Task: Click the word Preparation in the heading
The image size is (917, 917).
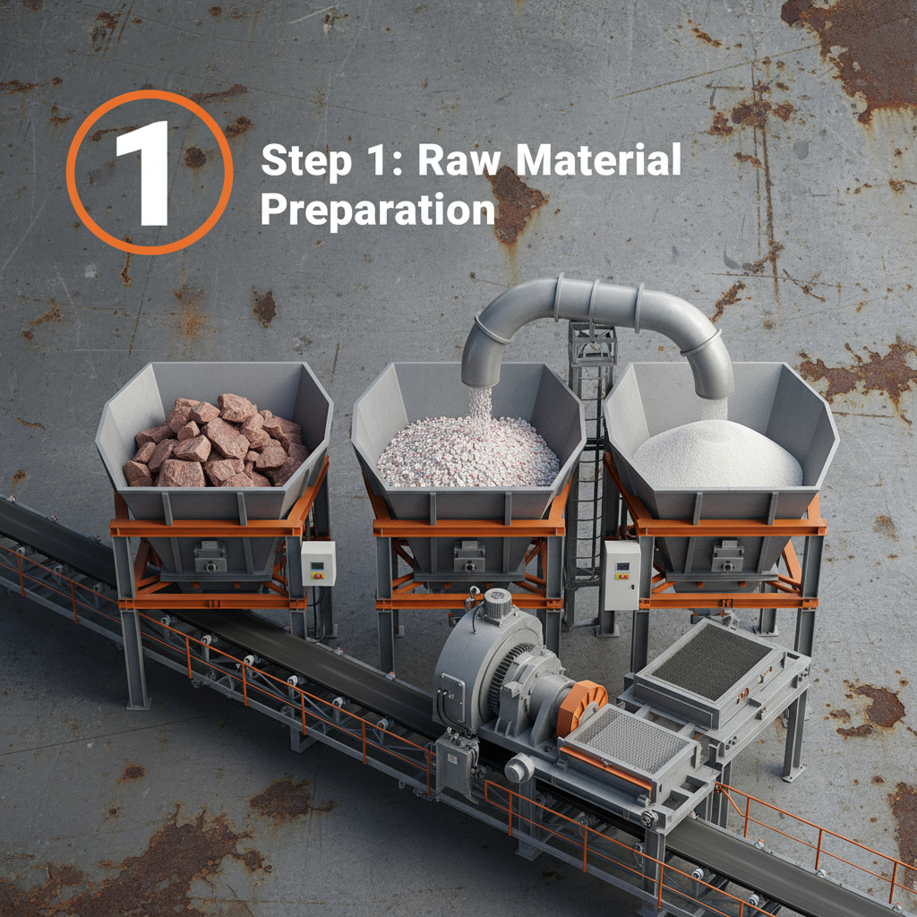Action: tap(378, 210)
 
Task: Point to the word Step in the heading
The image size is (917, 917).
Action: tap(306, 162)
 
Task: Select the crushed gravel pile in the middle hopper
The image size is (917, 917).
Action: tap(467, 450)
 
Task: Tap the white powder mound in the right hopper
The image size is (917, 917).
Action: tap(717, 454)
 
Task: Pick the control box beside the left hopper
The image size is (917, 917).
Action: tap(318, 563)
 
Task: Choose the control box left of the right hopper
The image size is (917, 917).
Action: tap(621, 575)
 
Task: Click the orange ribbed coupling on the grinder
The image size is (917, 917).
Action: tap(581, 707)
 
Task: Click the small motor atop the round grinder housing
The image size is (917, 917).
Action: tap(497, 604)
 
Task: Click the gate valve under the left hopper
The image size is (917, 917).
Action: tap(210, 557)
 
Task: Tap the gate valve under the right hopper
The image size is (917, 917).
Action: tap(727, 556)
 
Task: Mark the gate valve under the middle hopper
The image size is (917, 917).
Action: tap(469, 556)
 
